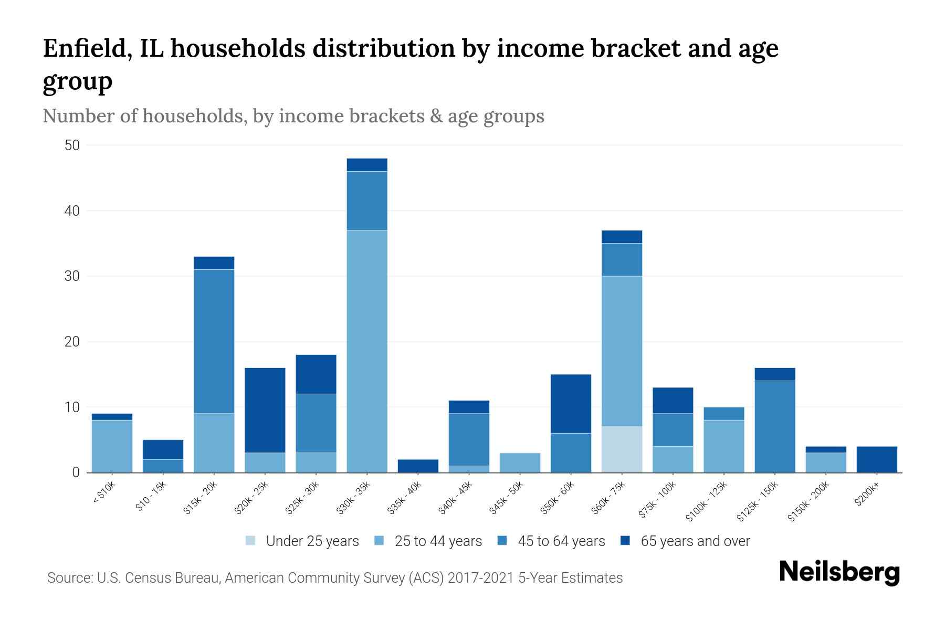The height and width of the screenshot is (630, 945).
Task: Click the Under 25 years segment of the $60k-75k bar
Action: point(622,449)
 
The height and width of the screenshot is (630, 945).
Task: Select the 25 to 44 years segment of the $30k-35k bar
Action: point(367,351)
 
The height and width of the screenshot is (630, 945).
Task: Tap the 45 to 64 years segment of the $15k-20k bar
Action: point(214,341)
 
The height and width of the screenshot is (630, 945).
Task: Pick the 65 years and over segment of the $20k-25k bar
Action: point(265,410)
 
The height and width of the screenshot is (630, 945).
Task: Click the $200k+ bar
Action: point(877,459)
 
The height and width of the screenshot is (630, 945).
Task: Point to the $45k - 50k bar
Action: point(520,463)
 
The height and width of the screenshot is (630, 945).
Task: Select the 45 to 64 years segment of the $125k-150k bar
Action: point(774,426)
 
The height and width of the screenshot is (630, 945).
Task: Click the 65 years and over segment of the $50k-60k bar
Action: point(571,404)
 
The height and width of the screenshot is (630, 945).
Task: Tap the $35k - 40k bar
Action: point(418,466)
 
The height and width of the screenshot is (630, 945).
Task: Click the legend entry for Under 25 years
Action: point(303,541)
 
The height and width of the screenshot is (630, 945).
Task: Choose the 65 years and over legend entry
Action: point(685,541)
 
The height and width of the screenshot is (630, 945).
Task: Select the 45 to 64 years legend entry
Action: point(551,541)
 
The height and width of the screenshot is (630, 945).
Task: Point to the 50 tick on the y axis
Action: point(72,145)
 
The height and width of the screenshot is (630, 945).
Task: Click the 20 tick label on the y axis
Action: point(72,342)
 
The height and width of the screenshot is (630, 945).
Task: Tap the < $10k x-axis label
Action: point(104,493)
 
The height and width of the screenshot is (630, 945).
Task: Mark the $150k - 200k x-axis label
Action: point(808,502)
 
